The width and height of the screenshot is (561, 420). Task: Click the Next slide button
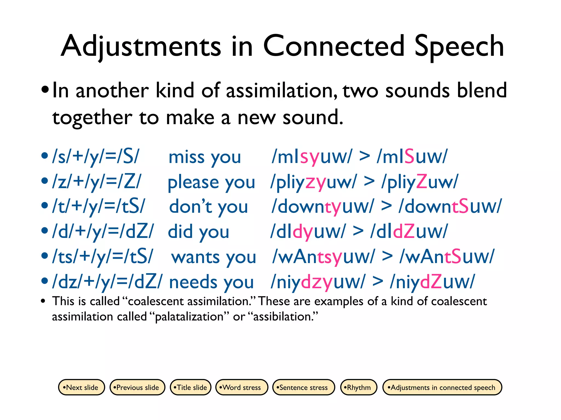point(81,387)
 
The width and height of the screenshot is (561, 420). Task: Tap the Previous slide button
point(137,387)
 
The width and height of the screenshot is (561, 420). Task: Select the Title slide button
point(191,387)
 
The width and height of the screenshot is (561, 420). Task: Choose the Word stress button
point(242,387)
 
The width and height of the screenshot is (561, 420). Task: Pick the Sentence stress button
point(304,387)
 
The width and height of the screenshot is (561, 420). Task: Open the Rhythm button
point(359,387)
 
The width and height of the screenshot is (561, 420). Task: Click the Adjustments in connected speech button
point(442,387)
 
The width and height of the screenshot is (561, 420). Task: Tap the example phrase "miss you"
point(205,157)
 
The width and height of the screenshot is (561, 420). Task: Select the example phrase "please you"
point(211,182)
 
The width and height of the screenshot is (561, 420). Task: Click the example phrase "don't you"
point(208,207)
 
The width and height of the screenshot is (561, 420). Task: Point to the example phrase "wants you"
point(213,257)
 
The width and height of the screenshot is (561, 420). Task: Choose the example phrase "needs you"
point(211,282)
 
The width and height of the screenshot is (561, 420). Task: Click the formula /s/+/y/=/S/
point(96,157)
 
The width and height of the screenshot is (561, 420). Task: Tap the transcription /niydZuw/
point(433,282)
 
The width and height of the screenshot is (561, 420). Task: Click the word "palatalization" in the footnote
point(189,317)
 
